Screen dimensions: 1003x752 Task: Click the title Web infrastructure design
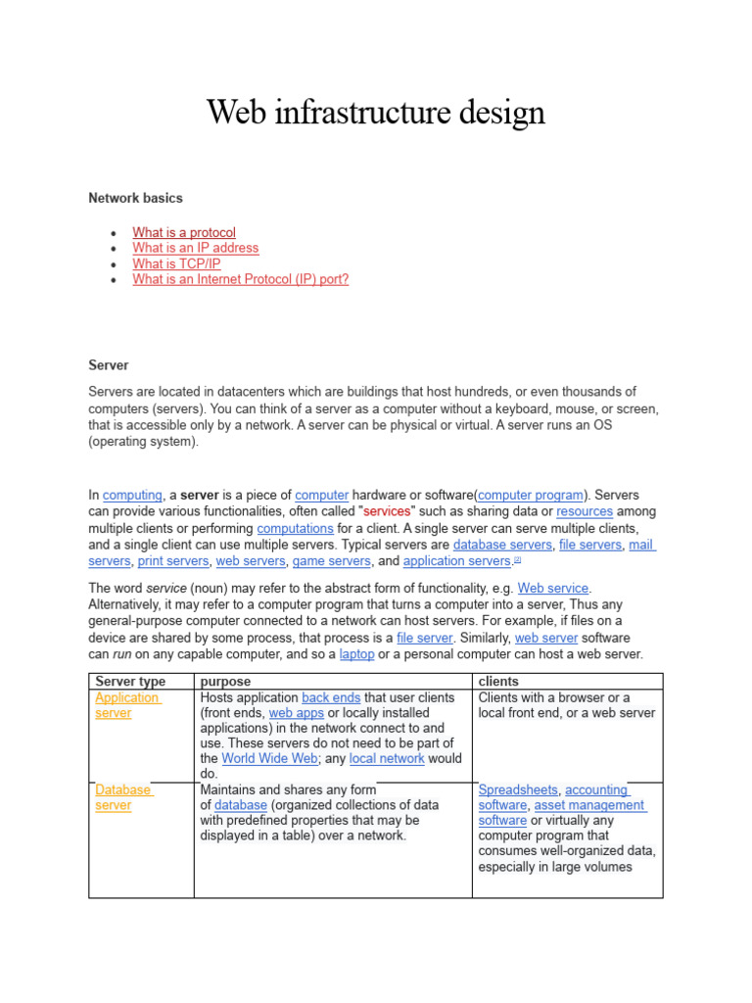point(375,114)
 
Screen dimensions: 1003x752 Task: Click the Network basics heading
point(135,198)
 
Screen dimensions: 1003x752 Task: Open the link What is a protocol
point(184,232)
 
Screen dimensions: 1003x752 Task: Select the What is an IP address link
point(196,248)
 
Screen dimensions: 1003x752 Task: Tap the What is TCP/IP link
point(176,263)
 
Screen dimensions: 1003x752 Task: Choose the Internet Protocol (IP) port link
point(241,279)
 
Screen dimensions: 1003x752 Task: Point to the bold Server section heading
point(109,364)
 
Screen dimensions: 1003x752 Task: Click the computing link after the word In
point(132,496)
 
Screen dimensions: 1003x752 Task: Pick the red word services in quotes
point(386,511)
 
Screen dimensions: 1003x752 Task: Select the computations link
point(295,527)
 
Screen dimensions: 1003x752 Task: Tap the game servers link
point(331,561)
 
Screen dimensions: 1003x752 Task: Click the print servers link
point(172,561)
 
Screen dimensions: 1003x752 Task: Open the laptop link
point(356,654)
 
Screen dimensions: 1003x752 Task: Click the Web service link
point(553,589)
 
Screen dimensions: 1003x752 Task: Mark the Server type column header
point(130,681)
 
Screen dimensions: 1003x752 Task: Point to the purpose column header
point(225,681)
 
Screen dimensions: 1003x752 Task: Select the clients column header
point(498,681)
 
